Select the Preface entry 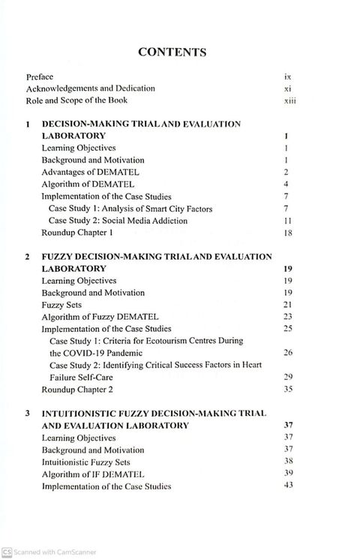coord(40,77)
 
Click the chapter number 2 coord(27,257)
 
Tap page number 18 coord(286,233)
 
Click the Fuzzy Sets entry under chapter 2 coord(61,305)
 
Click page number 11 coord(286,221)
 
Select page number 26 coord(288,352)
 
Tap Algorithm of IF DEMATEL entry coord(93,474)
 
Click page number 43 coord(288,486)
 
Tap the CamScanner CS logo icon coord(7,553)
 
